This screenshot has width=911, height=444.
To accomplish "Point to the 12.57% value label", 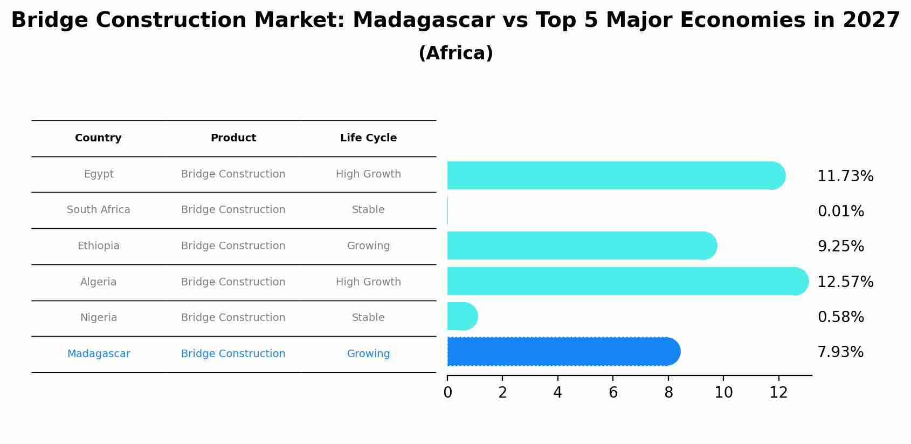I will click(x=845, y=282).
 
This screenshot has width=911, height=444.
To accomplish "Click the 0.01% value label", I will click(x=840, y=211).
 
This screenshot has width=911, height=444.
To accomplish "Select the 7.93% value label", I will click(x=840, y=352).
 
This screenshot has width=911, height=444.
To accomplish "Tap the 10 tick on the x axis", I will click(x=723, y=393).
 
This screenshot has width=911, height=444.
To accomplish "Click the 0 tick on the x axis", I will click(x=447, y=393).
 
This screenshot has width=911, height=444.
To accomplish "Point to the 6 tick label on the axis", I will click(x=613, y=393).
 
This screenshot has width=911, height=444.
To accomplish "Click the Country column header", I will click(x=98, y=138).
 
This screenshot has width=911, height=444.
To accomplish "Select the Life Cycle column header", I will click(x=368, y=138).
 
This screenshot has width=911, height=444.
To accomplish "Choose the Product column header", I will click(x=233, y=138).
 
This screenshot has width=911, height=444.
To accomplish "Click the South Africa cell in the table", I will click(x=98, y=210).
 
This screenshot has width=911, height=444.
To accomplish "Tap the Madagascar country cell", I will click(x=98, y=354).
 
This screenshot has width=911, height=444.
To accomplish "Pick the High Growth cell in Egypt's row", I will click(x=368, y=174).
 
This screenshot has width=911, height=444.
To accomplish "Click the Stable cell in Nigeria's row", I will click(x=368, y=318).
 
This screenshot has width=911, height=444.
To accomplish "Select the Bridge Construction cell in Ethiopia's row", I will click(x=233, y=246).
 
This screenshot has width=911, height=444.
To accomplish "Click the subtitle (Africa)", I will click(x=455, y=53).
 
